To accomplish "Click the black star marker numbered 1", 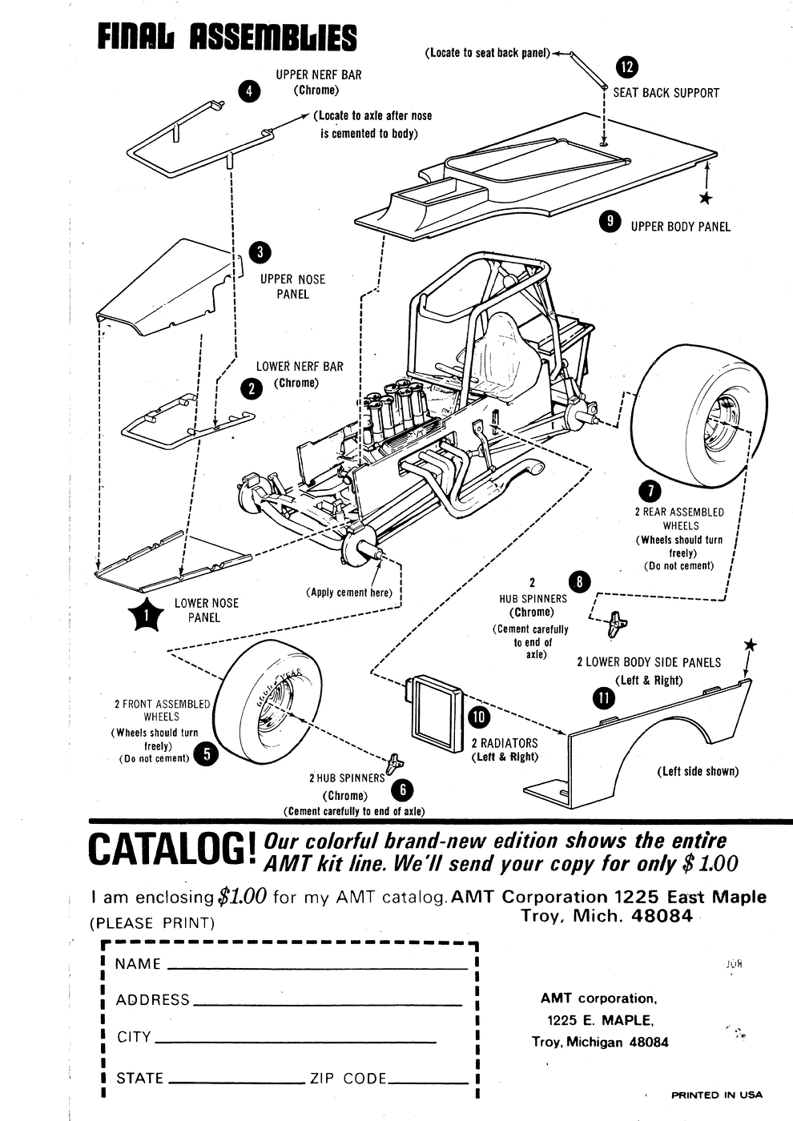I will pos(145,616).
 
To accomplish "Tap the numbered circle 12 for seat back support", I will pos(627,67).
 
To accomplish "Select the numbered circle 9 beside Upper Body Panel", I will pos(611,222).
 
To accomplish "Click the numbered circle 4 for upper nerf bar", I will pos(250,90).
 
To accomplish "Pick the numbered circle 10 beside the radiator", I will pos(478,717).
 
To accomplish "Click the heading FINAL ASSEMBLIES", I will pos(227,38).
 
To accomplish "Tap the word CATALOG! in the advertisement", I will pos(172,850).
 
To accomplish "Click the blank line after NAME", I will pos(316,968).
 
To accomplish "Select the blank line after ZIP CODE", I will pos(429,1083).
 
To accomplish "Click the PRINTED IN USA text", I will pos(716,1095).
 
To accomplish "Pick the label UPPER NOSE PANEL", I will pos(292,287).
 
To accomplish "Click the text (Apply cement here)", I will pos(349,593).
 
